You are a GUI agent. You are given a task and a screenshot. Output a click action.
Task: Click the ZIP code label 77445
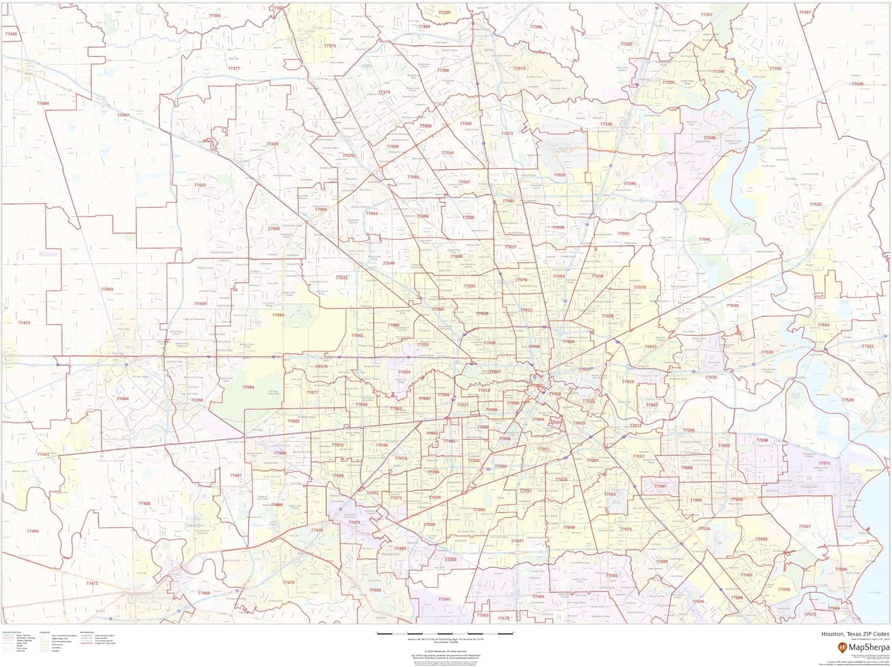coord(11,34)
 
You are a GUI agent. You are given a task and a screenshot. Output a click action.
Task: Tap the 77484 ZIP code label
coord(43,103)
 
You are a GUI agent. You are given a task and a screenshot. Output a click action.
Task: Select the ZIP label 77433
coord(200,185)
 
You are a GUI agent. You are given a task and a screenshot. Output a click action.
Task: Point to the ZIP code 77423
coord(24,323)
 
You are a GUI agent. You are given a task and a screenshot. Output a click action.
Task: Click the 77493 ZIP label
coord(107,289)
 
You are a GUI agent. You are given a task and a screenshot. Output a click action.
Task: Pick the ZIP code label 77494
coord(123,398)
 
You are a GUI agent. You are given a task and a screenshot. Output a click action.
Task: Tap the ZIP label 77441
coord(43,454)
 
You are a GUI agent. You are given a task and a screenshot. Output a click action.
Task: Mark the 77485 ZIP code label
coord(33,531)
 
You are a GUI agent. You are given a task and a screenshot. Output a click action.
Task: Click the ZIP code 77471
coord(92,583)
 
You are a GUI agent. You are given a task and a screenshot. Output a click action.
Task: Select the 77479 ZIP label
coord(288,583)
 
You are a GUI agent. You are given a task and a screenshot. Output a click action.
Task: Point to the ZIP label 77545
coord(444,599)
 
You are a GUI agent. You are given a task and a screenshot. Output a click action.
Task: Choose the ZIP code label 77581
coord(612,575)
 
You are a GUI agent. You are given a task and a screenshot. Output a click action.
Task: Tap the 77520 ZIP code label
coord(847,400)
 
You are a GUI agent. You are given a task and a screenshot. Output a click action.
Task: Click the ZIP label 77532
coord(815,204)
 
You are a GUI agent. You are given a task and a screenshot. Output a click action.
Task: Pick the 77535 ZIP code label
coord(857,84)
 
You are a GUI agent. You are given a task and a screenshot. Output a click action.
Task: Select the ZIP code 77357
coord(706,15)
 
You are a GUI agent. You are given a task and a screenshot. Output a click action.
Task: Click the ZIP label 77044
coord(704,239)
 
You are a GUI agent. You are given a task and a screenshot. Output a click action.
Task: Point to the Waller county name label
coord(48,254)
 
